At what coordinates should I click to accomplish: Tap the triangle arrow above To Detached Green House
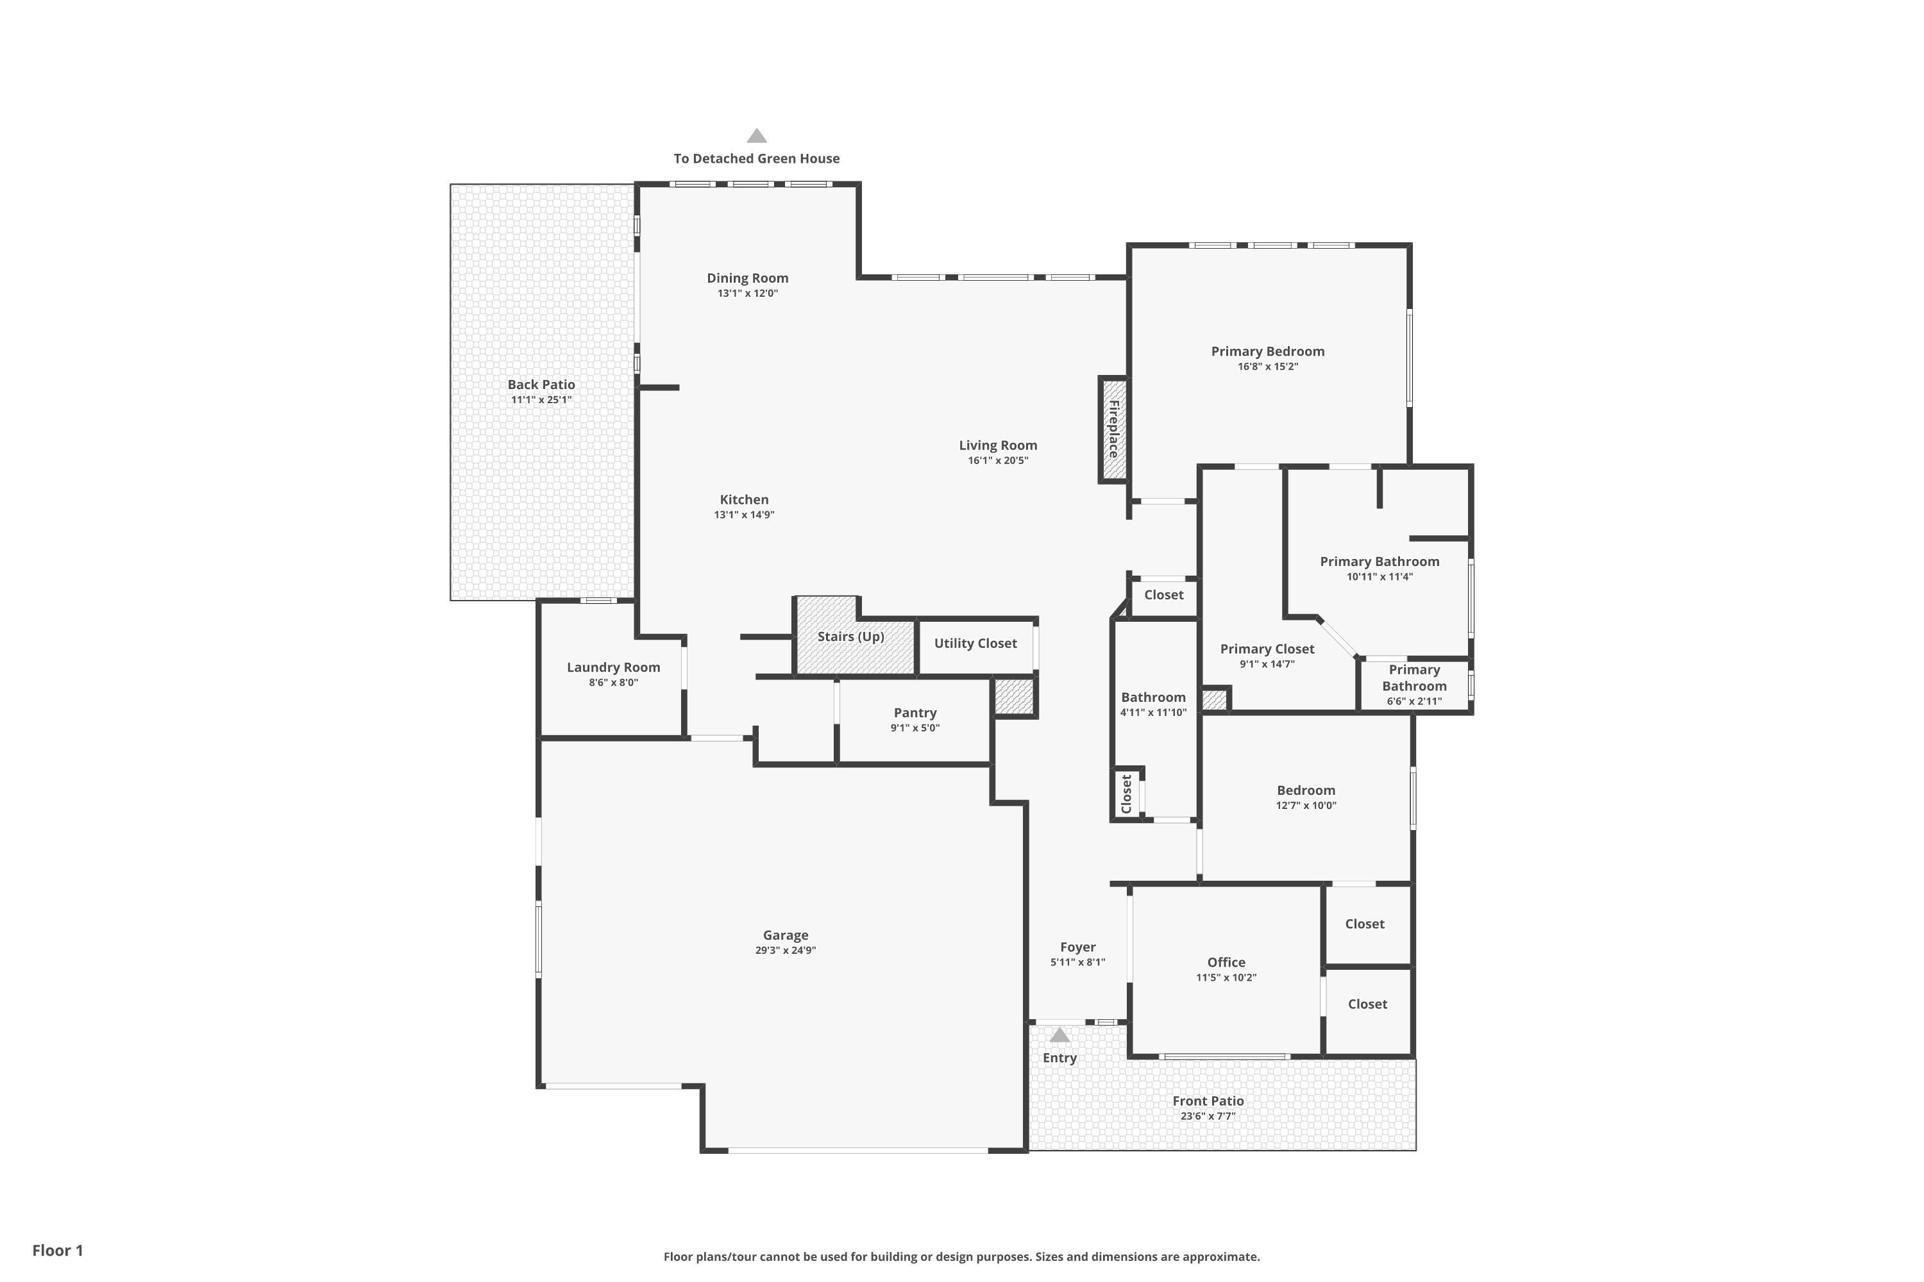757,136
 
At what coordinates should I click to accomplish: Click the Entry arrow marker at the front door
1059,1035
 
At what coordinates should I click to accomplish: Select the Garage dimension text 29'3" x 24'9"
785,950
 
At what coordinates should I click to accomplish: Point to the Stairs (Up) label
851,636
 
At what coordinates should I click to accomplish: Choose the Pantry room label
915,713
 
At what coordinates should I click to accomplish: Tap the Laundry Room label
614,667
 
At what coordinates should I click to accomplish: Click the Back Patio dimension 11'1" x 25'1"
541,400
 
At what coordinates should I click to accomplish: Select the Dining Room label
748,278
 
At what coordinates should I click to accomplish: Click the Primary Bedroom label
1268,351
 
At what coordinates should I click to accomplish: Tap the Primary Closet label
1267,649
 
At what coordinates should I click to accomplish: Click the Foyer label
1077,947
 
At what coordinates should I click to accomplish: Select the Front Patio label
1208,1101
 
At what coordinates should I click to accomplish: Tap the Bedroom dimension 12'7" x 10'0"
1306,805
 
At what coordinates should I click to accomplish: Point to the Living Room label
998,445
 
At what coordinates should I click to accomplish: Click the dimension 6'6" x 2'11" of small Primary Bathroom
1414,701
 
